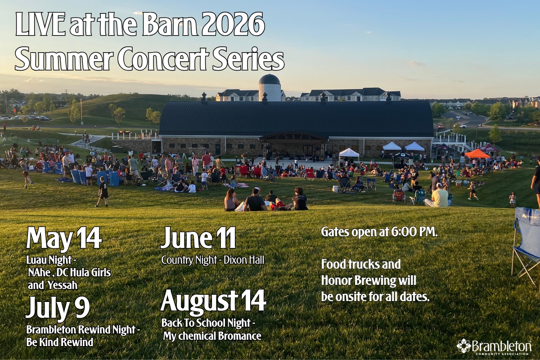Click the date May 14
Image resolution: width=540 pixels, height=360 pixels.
63,238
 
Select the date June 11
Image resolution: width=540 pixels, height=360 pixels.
198,238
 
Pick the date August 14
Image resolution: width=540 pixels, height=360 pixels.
213,301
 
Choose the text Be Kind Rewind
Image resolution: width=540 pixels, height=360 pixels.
60,342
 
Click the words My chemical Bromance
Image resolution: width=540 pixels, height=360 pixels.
211,336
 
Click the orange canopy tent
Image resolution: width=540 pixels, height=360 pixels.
477,153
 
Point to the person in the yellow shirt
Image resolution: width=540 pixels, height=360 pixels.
440,196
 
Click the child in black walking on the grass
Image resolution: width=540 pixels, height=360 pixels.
103,191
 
